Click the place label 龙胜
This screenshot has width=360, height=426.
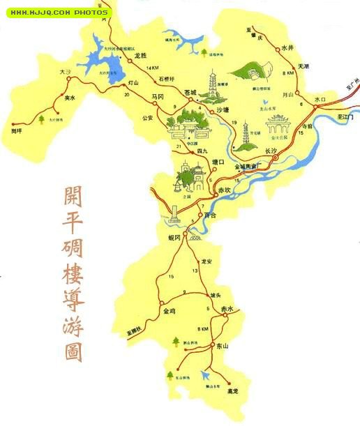[140, 55]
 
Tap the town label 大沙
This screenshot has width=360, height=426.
[66, 71]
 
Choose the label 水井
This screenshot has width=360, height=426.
[288, 48]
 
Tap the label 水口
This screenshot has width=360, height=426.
[320, 100]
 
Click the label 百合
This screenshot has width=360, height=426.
[211, 215]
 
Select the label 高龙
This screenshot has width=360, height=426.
[232, 393]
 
